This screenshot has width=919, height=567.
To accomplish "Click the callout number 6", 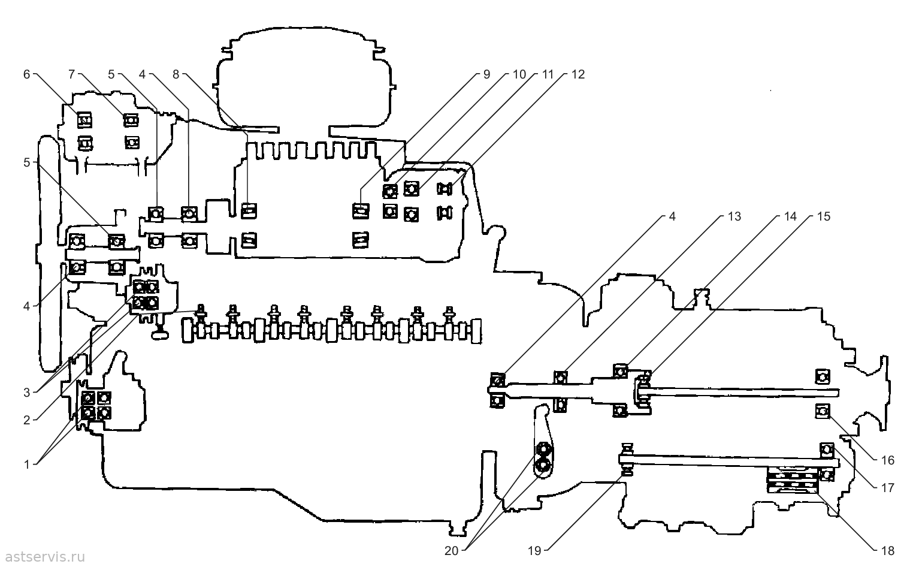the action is [27, 74].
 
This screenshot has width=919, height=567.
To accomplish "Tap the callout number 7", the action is [72, 74].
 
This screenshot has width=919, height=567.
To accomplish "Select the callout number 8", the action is [176, 74].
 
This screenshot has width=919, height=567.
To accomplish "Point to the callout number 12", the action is [578, 74].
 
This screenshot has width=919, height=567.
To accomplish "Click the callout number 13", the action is [734, 216].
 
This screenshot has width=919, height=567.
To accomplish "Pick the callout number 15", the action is [823, 216].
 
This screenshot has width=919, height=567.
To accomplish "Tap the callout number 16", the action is [888, 460].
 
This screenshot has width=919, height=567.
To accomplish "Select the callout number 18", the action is [888, 551].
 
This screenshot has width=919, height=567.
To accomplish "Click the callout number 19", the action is [534, 551].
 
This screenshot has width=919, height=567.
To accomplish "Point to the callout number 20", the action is [451, 551].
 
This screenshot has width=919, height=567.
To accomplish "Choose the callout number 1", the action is [27, 465].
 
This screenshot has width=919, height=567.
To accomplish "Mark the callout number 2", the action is [27, 420].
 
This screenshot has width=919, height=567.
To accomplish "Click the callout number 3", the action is [27, 393].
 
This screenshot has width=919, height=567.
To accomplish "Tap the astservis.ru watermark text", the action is [45, 557].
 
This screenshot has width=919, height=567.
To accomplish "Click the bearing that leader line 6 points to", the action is [84, 120].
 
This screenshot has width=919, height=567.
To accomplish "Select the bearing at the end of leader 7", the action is [131, 120].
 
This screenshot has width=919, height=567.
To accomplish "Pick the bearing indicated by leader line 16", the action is [822, 411].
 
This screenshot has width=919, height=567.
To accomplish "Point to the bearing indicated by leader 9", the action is [361, 211].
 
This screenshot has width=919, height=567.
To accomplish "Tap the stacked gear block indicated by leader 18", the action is [793, 480].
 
